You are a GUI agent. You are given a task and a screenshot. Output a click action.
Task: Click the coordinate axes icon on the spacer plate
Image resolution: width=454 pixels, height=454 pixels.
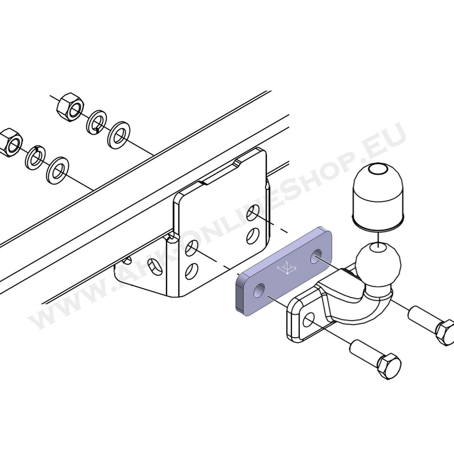click(x=287, y=268)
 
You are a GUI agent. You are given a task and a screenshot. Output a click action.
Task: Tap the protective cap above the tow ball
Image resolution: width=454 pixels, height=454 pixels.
click(x=379, y=198)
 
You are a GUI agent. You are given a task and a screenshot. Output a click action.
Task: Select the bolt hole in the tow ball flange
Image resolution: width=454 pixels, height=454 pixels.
click(x=309, y=321)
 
